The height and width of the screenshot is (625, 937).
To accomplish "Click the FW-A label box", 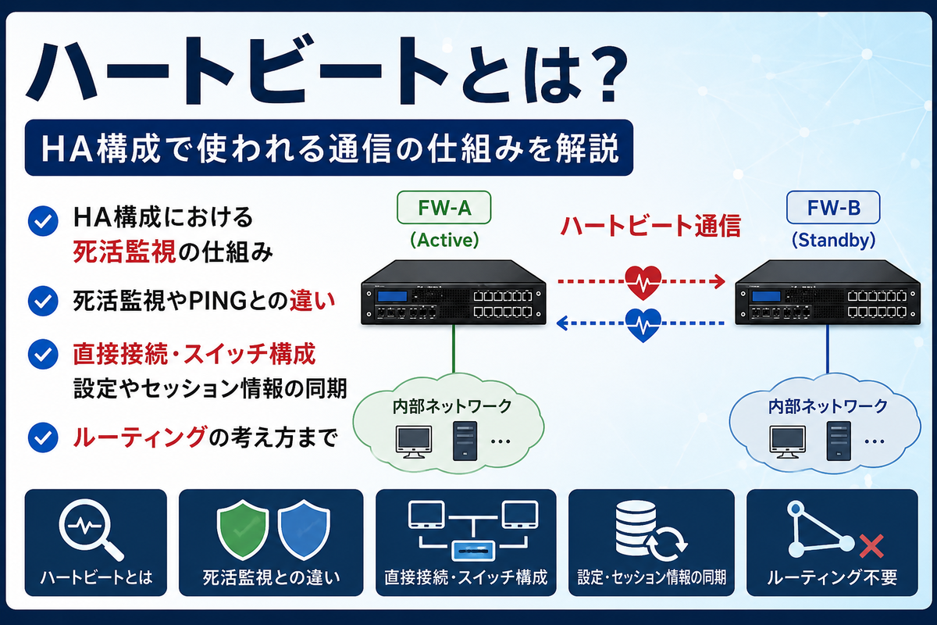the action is coord(444,208).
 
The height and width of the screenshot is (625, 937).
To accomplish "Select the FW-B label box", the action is coord(833,208).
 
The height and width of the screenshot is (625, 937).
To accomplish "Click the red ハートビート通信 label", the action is coord(650,226).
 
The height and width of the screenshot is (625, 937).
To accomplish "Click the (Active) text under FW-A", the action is coord(444,240).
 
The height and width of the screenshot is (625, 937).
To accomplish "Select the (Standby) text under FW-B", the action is coord(833,240).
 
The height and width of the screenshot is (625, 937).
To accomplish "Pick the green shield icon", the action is coord(243,529).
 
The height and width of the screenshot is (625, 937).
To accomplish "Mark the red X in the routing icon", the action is coord(871,546).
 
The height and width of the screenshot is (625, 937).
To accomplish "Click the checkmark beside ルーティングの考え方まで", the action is coord(43,437).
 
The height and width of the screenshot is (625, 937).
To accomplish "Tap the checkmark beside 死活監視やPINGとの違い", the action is coord(43,301).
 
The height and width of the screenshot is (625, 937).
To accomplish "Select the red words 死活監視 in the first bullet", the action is coord(124,252).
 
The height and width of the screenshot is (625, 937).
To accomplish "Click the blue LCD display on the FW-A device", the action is coord(392,296).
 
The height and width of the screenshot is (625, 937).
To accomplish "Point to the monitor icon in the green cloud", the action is coord(413,442).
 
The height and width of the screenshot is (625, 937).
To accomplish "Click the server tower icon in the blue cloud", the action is coord(839,441).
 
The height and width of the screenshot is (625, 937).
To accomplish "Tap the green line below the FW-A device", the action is coord(454,348).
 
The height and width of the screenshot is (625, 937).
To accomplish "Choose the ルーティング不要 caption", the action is coord(832,577).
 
